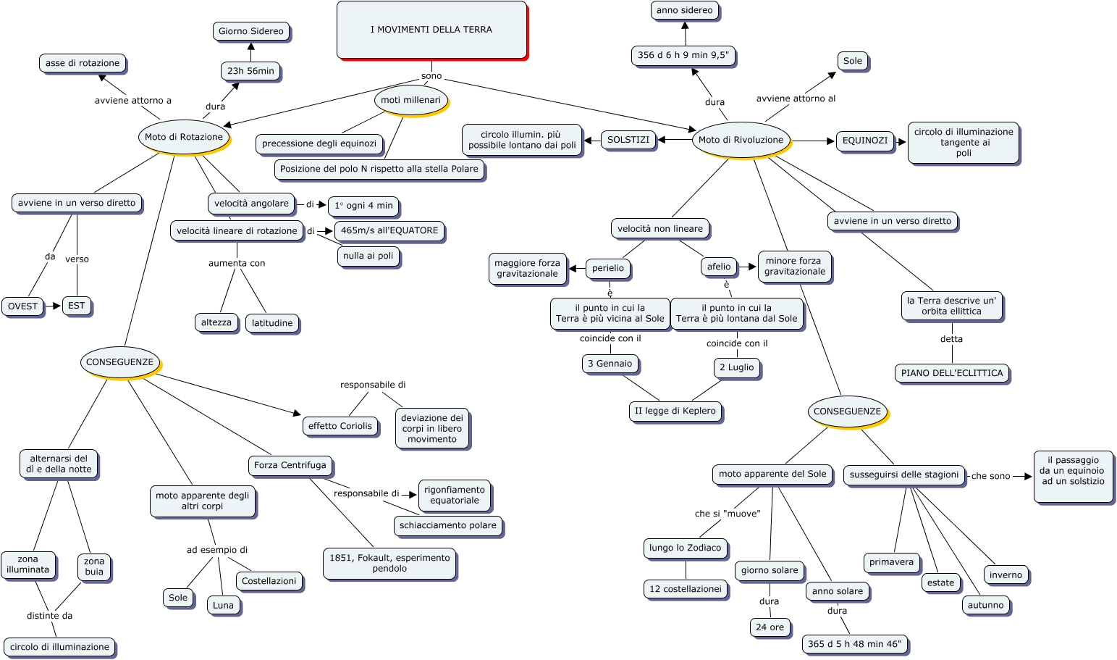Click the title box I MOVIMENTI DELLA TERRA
pos(431,30)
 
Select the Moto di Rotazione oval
pos(184,137)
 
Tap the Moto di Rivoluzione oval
pos(741,140)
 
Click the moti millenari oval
pos(411,100)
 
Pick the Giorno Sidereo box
pos(251,31)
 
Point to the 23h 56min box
pos(250,71)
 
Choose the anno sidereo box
pos(684,10)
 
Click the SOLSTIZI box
pos(628,140)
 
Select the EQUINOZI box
pos(864,141)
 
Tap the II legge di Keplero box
pos(675,411)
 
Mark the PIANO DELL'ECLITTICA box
pos(952,373)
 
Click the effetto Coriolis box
pos(340,426)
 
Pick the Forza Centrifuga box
pos(290,465)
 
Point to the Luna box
pos(223,605)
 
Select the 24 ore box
pos(770,627)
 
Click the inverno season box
pos(1006,575)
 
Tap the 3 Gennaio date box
pos(610,364)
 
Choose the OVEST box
pos(22,306)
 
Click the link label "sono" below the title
pos(431,76)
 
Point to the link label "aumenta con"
pos(237,263)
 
